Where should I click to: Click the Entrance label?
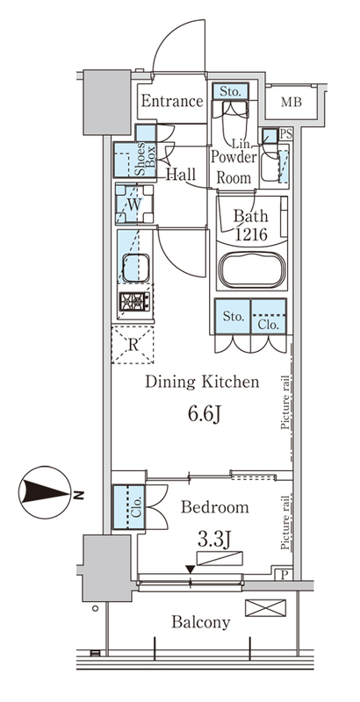(x=172, y=101)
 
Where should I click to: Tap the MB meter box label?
(x=291, y=102)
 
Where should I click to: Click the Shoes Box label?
(x=145, y=159)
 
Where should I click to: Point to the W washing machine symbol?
(x=134, y=204)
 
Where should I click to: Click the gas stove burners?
(x=134, y=301)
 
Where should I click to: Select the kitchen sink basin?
(x=136, y=268)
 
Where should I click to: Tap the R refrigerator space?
(x=133, y=344)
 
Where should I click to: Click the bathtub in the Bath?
(x=251, y=269)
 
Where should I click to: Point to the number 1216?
(x=250, y=233)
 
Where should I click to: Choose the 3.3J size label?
(x=214, y=541)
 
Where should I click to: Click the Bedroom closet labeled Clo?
(x=128, y=507)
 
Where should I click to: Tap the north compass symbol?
(x=47, y=492)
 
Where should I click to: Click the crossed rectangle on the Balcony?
(x=265, y=608)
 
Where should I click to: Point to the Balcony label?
(x=201, y=622)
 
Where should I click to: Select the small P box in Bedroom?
(x=284, y=575)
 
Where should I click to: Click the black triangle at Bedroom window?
(x=191, y=569)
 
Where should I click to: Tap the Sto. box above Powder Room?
(x=230, y=91)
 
